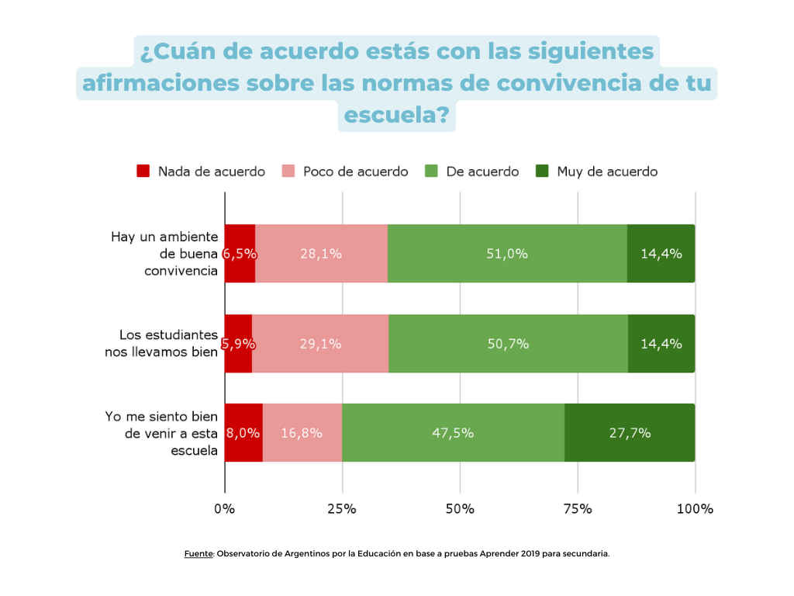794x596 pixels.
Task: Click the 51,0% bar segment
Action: point(507,254)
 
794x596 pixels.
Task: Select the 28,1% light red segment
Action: point(321,254)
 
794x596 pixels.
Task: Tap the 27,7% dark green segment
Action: point(630,433)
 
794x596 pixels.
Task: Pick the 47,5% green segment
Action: point(453,433)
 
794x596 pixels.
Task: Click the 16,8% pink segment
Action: point(302,433)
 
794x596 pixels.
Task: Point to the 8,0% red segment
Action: point(243,433)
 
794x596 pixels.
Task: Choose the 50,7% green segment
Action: point(508,344)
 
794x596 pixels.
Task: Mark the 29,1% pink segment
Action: point(320,344)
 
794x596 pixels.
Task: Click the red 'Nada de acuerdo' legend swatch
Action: point(143,172)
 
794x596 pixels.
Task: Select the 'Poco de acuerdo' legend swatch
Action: point(288,172)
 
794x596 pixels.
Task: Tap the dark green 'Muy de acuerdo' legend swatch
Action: point(543,172)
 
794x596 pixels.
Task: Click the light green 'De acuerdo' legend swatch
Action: point(432,172)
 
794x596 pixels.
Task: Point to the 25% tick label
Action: point(342,509)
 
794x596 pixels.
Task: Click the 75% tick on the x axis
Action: point(578,509)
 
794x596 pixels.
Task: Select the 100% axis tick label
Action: point(695,509)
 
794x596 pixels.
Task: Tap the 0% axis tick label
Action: point(224,509)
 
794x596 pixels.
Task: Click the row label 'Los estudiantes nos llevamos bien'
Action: point(162,343)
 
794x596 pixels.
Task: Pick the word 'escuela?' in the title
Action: point(396,115)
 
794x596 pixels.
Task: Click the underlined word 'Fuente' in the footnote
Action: point(198,554)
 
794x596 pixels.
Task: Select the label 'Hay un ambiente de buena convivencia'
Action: point(164,254)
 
